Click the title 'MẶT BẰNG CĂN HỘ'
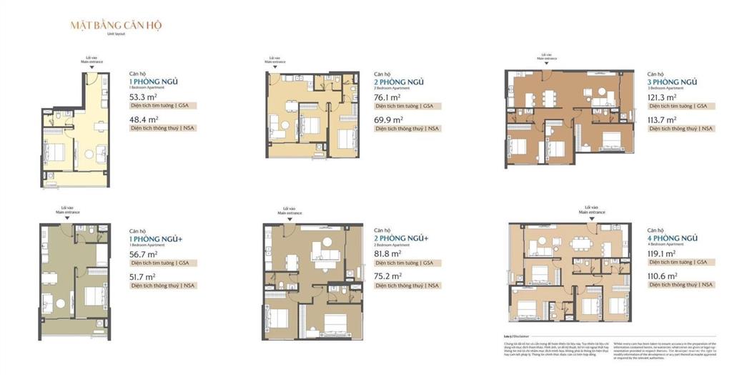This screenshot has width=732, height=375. (116, 25)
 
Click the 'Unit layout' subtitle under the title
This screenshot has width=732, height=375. (116, 34)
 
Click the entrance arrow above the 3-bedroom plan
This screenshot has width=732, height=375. (547, 63)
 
